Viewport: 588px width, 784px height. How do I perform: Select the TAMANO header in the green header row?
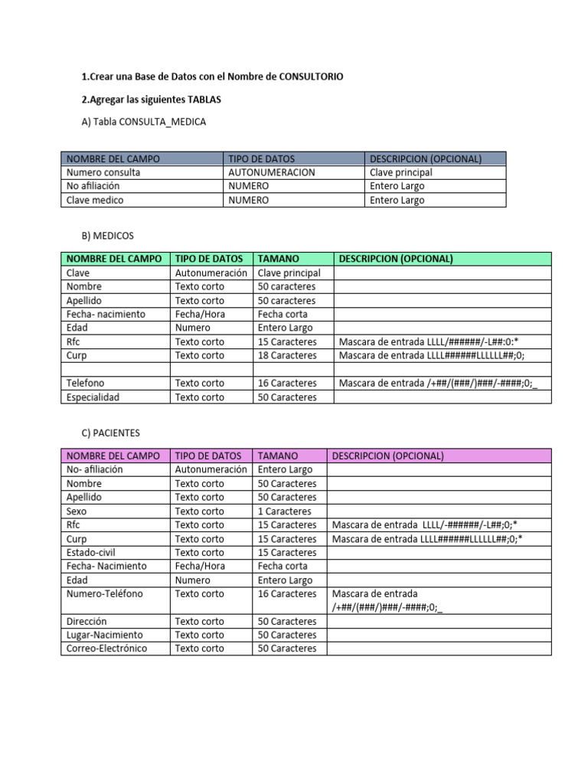[279, 259]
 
